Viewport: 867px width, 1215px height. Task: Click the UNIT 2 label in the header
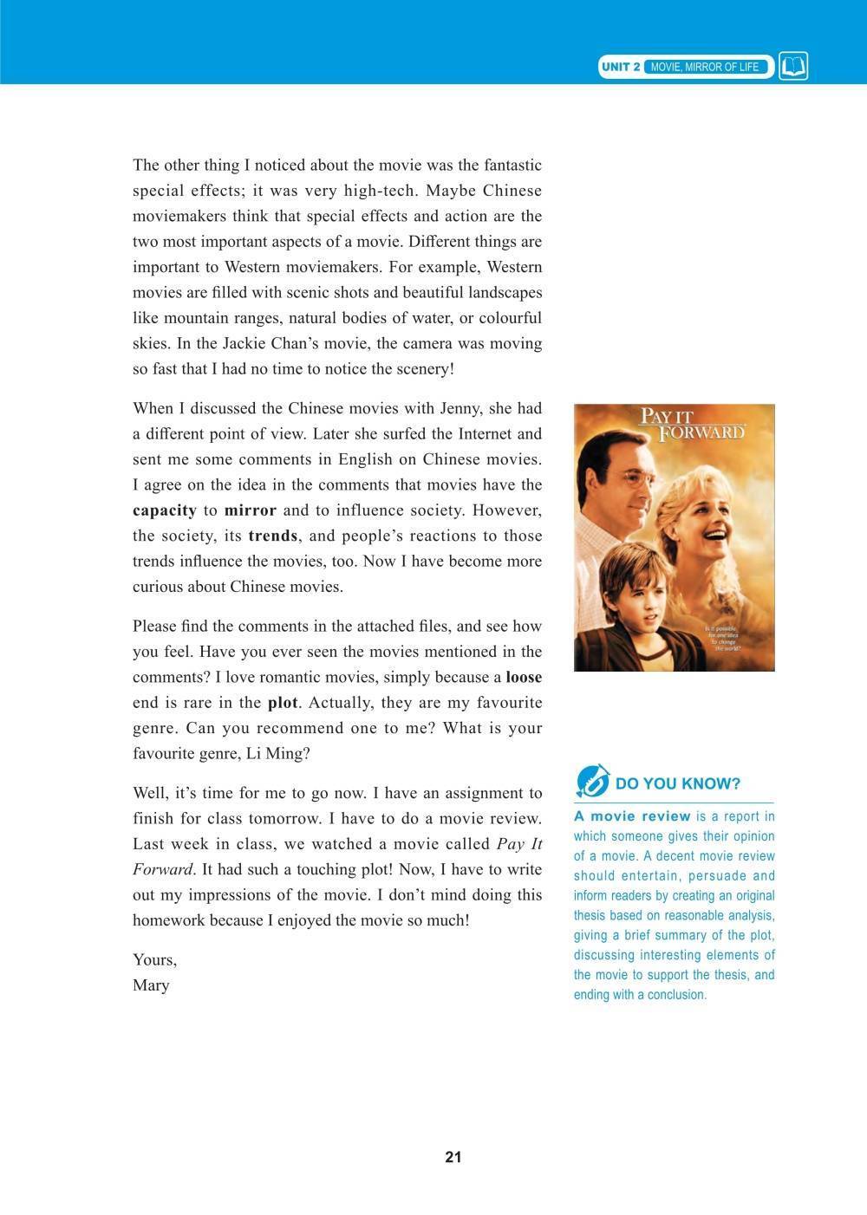621,67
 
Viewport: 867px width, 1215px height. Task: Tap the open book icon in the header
793,67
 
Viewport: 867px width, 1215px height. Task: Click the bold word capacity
165,510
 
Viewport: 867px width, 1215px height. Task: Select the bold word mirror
251,510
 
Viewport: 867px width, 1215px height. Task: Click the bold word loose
524,677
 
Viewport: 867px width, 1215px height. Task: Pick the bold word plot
283,703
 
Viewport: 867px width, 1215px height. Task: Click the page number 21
453,1157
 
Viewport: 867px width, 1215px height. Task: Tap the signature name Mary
151,985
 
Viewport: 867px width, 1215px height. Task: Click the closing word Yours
154,960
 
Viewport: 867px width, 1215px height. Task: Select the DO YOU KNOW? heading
678,784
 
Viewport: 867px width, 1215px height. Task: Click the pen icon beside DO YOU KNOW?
592,781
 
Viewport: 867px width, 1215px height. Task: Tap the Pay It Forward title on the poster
691,424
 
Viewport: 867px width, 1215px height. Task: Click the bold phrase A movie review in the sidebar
632,816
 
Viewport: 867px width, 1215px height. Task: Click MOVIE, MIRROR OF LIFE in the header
704,67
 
